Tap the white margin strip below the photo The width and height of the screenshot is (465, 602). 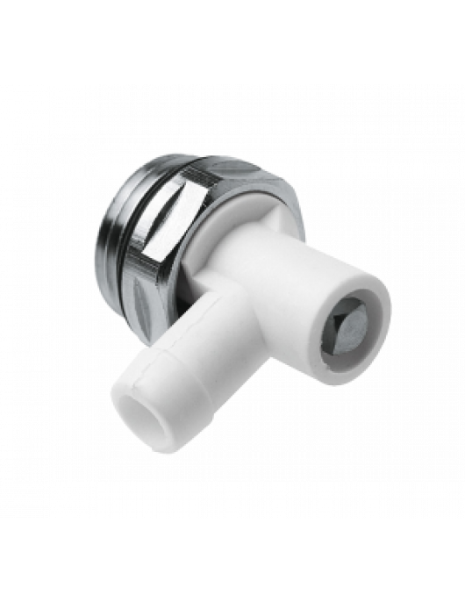[x=232, y=562]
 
